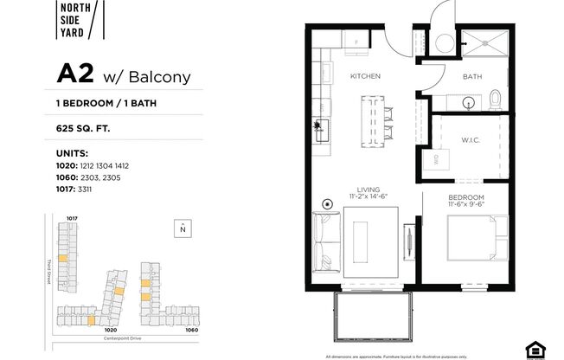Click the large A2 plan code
coord(75,74)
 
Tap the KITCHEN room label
coord(365,77)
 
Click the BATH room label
coord(471,77)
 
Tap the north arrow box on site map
coord(183,228)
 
